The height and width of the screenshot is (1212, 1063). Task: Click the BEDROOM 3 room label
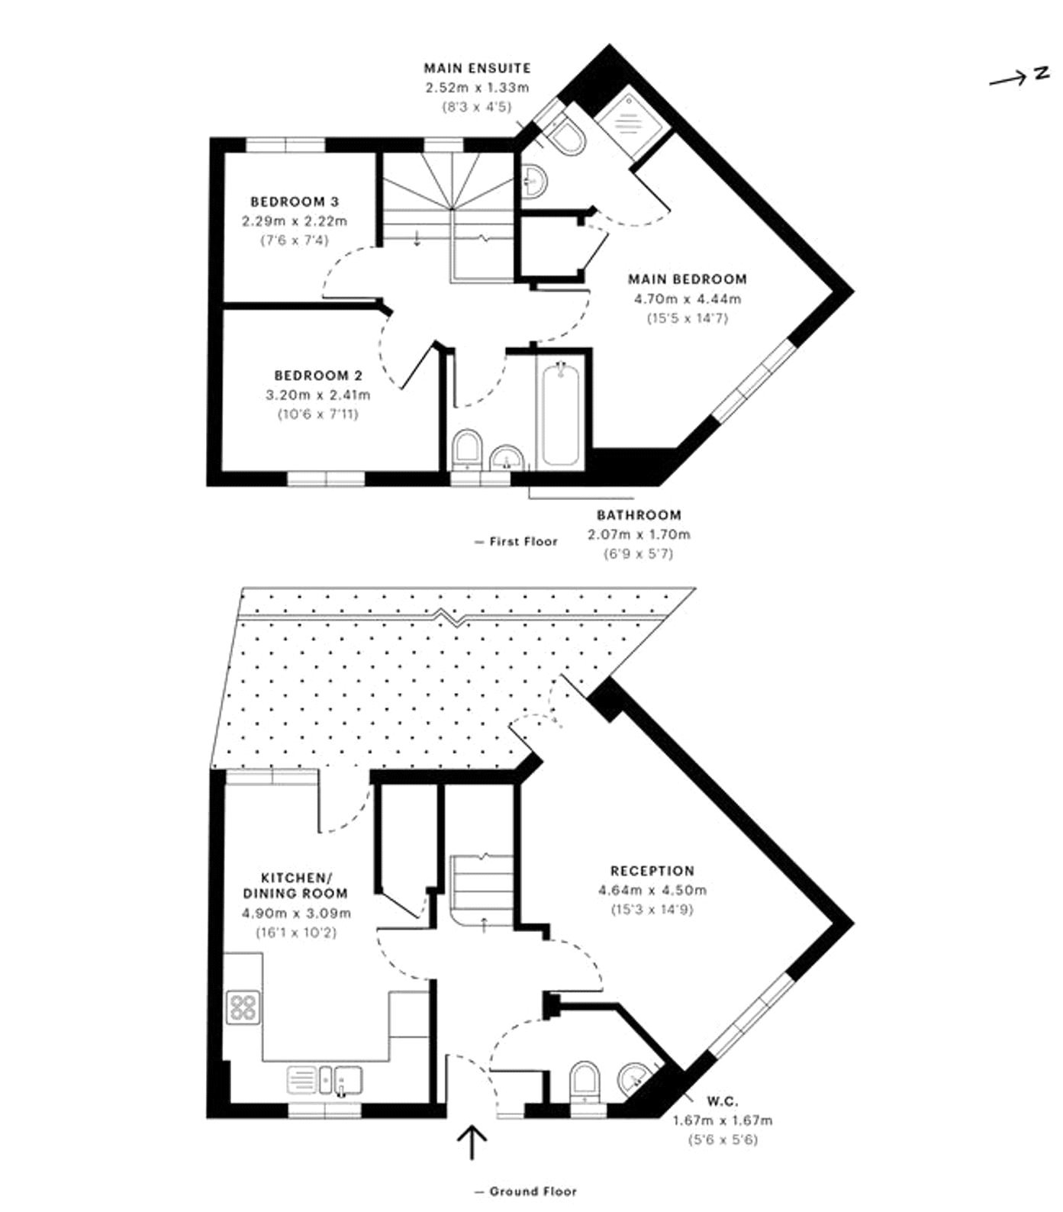pos(295,201)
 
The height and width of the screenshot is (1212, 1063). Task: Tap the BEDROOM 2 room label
pos(318,376)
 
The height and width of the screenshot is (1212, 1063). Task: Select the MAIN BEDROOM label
pos(687,279)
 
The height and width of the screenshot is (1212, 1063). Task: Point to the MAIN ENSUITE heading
pos(477,68)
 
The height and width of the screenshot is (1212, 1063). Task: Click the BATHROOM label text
pos(639,515)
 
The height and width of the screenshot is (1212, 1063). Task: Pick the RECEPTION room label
pos(652,871)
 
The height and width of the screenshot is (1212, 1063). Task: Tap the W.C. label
pos(722,1101)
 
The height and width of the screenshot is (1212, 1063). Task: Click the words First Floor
pos(523,541)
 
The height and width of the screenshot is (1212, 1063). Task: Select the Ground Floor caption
pos(533,1191)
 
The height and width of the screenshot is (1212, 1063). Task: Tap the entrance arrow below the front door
pos(472,1142)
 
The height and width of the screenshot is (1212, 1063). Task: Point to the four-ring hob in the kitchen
pos(243,1006)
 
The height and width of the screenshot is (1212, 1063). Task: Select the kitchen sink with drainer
pos(324,1080)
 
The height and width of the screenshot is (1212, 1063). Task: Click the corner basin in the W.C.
pos(633,1078)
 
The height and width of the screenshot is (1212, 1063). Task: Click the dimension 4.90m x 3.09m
pos(296,913)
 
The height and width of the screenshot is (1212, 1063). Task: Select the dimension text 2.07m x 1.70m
pos(639,534)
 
